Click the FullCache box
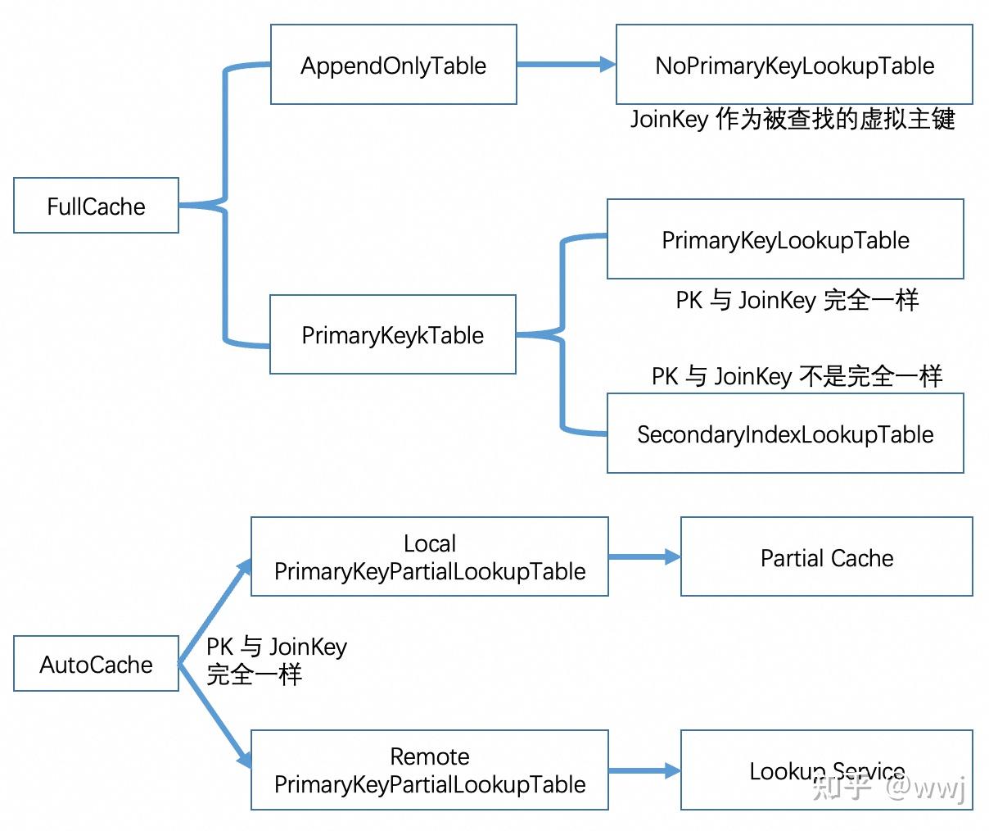(96, 206)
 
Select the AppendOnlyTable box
(393, 65)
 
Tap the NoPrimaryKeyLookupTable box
(793, 65)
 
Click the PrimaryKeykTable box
(392, 334)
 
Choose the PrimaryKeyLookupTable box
(784, 239)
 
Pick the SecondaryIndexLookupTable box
(784, 434)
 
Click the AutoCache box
(96, 664)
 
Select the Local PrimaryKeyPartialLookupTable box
(429, 556)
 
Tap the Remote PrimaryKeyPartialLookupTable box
(429, 770)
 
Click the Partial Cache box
(826, 557)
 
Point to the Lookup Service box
(826, 770)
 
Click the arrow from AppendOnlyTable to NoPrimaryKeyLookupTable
(565, 64)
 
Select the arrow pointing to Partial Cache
(644, 557)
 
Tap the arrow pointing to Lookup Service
(644, 770)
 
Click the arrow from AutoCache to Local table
(215, 611)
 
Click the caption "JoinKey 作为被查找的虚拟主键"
(792, 120)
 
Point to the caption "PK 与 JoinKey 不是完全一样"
(797, 376)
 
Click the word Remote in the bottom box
(429, 756)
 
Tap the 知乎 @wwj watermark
(889, 788)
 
